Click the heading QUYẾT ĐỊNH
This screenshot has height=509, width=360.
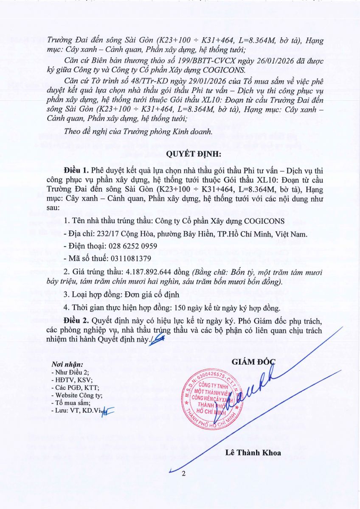pyautogui.click(x=180, y=154)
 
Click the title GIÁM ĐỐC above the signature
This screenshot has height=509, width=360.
pyautogui.click(x=253, y=362)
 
